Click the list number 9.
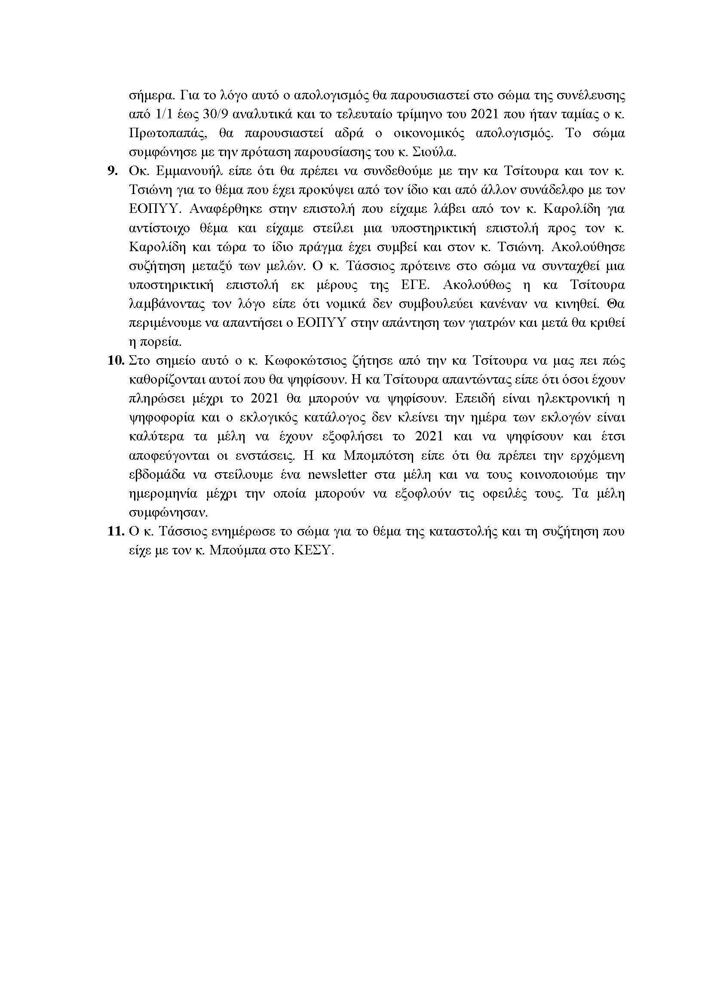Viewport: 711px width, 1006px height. click(113, 171)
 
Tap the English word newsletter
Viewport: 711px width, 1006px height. click(345, 474)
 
